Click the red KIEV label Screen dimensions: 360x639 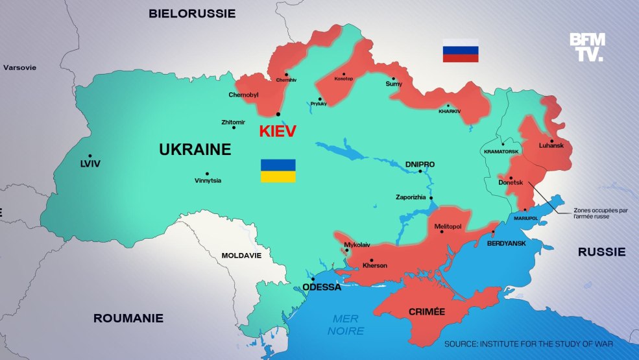[277, 131]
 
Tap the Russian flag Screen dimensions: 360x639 [461, 50]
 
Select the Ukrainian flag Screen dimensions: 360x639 [278, 171]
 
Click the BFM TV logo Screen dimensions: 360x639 [587, 47]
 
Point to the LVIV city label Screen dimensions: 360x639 [90, 164]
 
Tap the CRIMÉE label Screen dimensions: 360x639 [426, 312]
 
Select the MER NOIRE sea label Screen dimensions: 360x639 [346, 324]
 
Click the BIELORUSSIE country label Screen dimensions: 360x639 [192, 13]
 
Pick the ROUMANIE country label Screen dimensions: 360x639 [128, 318]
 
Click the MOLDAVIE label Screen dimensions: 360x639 [241, 255]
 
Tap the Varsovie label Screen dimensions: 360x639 [20, 67]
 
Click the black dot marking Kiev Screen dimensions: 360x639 [278, 114]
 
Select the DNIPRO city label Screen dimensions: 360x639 [420, 165]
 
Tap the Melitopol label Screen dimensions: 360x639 [448, 226]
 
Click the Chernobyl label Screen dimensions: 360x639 [243, 95]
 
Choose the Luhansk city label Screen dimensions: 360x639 [551, 145]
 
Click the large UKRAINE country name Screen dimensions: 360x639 [195, 150]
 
